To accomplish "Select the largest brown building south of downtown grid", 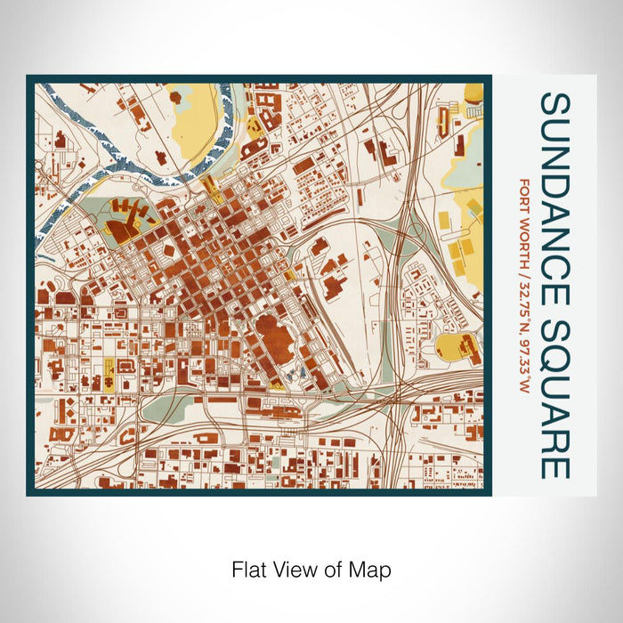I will (x=279, y=337).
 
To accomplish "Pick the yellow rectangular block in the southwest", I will (x=110, y=371).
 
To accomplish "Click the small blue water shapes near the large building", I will (x=297, y=375).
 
